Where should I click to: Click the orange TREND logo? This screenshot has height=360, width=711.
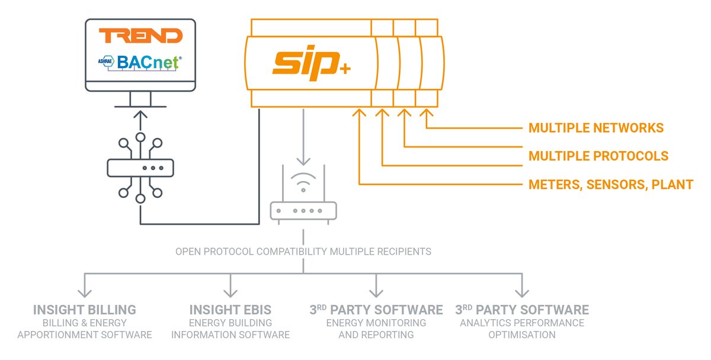tap(140, 35)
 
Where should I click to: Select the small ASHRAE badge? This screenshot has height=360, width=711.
tap(105, 61)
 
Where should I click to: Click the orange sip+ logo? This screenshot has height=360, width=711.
tap(312, 63)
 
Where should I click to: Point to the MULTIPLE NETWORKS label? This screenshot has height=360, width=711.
tap(596, 128)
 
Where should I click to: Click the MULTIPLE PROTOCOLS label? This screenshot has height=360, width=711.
tap(598, 156)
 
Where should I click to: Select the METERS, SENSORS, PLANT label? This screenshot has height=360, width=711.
tap(611, 184)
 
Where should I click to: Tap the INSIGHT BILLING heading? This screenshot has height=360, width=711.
tap(84, 310)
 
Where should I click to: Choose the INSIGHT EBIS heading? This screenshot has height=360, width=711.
tap(230, 310)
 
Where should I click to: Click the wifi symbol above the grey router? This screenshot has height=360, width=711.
tap(303, 182)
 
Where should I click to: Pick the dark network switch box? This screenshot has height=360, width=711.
tap(140, 168)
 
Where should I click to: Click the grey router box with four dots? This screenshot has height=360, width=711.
tap(303, 211)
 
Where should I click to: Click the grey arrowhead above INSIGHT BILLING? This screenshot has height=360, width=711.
tap(84, 293)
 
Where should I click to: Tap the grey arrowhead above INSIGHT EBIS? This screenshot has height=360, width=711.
tap(230, 293)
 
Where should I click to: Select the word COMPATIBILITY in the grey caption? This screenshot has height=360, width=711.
tap(292, 252)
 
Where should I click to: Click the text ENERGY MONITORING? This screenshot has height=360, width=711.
tap(376, 323)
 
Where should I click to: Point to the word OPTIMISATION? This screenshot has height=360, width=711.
tap(522, 335)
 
